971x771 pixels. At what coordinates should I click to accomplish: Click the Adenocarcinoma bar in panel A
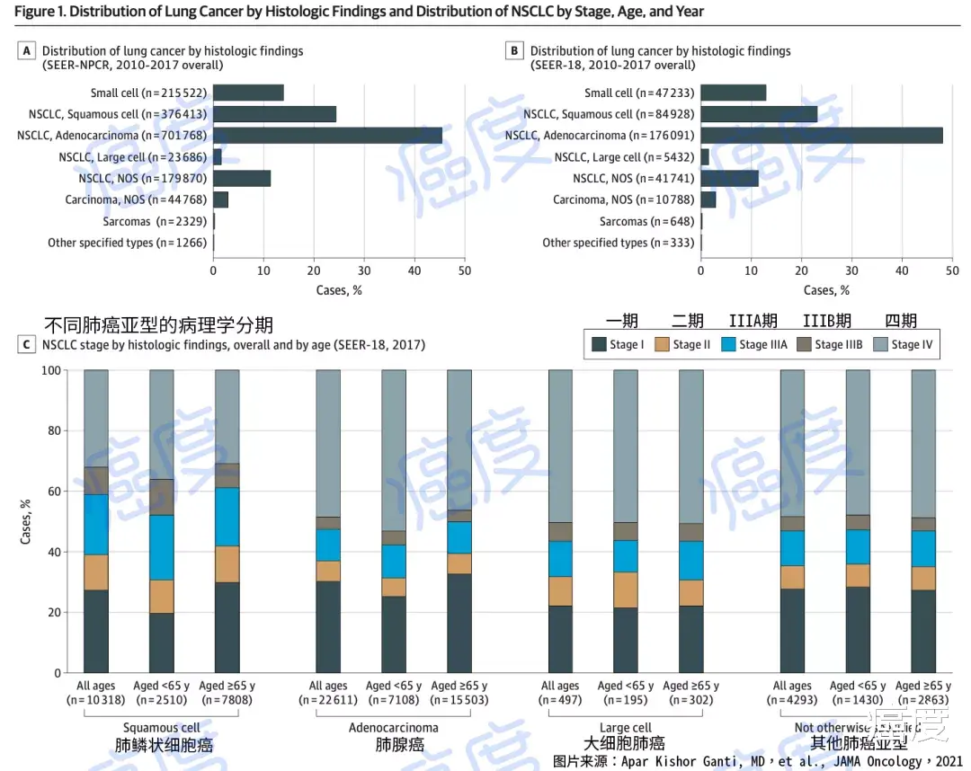coord(327,136)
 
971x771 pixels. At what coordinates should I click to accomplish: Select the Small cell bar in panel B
coord(733,93)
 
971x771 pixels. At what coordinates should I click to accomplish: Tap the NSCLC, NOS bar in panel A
coord(242,178)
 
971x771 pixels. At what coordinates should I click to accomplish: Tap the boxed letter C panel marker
coord(27,344)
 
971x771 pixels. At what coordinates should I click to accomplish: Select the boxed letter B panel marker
coord(514,51)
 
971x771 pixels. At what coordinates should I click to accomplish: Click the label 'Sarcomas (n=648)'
coord(647,221)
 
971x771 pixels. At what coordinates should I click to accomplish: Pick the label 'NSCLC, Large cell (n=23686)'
coord(133,157)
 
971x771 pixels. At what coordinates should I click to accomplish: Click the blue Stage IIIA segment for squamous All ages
coord(96,525)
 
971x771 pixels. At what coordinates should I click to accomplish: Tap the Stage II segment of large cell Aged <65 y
coord(626,590)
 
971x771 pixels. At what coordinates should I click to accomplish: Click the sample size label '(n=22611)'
coord(328,699)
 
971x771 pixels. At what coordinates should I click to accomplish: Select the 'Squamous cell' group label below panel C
coord(162,728)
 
